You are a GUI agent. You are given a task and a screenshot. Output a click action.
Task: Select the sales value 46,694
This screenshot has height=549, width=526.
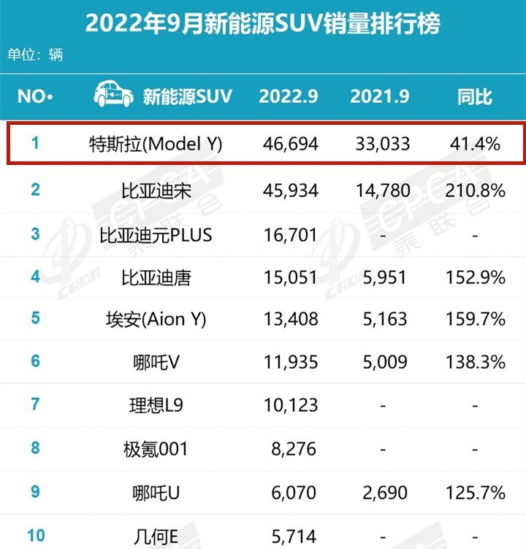click(x=290, y=144)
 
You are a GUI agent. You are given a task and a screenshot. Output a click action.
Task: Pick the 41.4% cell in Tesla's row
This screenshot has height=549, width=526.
click(x=476, y=144)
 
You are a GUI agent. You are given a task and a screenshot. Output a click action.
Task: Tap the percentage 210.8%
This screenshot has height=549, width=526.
click(x=476, y=191)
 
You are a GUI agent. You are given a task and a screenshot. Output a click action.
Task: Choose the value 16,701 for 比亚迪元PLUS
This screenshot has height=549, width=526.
click(x=290, y=234)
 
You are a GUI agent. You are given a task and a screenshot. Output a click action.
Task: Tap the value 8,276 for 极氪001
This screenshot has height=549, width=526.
click(x=290, y=448)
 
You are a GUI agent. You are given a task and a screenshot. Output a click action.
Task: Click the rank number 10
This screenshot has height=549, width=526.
click(x=35, y=535)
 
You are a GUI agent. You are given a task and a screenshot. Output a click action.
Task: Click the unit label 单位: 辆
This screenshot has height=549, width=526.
click(x=36, y=55)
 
